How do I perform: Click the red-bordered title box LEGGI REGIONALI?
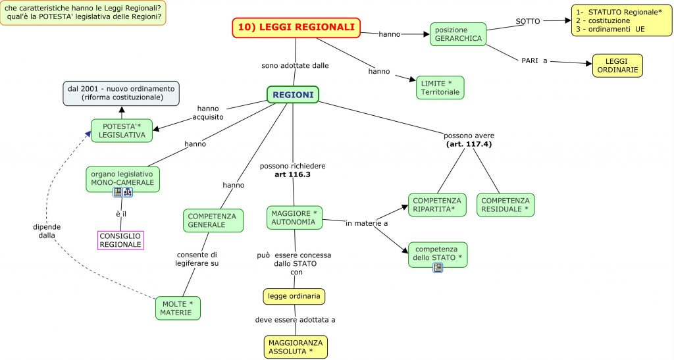pyautogui.click(x=296, y=28)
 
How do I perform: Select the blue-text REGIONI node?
pyautogui.click(x=293, y=95)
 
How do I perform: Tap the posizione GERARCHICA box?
pyautogui.click(x=458, y=34)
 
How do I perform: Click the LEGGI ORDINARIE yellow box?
pyautogui.click(x=617, y=65)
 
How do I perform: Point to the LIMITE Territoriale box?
pyautogui.click(x=440, y=88)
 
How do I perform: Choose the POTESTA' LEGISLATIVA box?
pyautogui.click(x=122, y=130)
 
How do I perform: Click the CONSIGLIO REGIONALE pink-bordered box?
pyautogui.click(x=120, y=240)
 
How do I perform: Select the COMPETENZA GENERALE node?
pyautogui.click(x=213, y=220)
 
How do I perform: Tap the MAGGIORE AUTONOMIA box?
pyautogui.click(x=295, y=218)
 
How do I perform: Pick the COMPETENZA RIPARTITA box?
pyautogui.click(x=437, y=205)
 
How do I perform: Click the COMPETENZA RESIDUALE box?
pyautogui.click(x=505, y=205)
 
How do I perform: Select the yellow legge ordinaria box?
pyautogui.click(x=294, y=296)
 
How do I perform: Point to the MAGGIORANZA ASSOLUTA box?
pyautogui.click(x=295, y=347)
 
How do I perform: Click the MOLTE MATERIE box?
pyautogui.click(x=178, y=307)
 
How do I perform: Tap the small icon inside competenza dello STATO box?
pyautogui.click(x=438, y=267)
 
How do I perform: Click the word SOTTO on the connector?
pyautogui.click(x=528, y=21)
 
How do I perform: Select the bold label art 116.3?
pyautogui.click(x=292, y=174)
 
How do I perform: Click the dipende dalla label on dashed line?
pyautogui.click(x=46, y=231)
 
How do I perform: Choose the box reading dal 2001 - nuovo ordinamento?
pyautogui.click(x=120, y=93)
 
